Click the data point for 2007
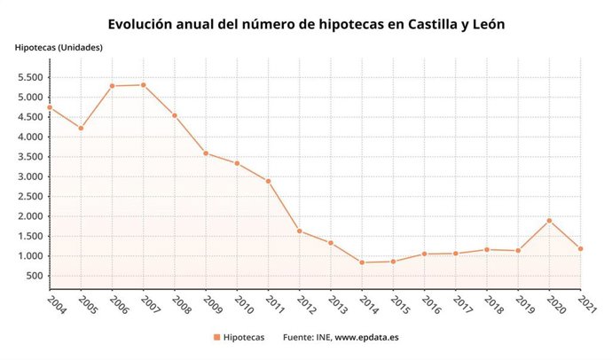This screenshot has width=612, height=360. pos(144,85)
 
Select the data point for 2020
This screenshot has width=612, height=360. pos(550,221)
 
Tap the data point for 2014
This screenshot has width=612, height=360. pos(362,262)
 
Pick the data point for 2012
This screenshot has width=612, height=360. pos(300,231)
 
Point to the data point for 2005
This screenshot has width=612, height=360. pos(81,129)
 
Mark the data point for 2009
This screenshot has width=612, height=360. pos(206,153)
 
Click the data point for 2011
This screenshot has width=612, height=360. pos(268,182)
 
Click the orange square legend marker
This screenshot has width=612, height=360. pos(216,338)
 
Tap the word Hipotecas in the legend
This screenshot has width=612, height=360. pos(243,338)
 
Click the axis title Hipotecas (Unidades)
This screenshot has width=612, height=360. pos(59,46)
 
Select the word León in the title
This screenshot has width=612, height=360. pos(483,24)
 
